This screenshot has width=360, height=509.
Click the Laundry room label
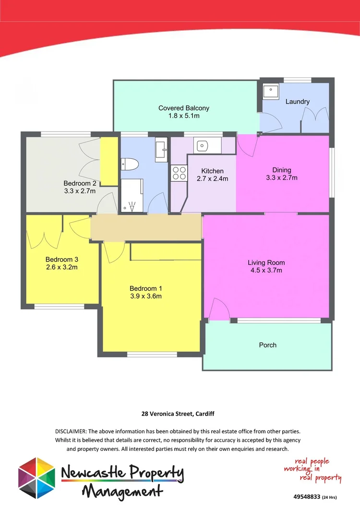297,102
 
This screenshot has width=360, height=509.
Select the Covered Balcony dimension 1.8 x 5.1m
183,116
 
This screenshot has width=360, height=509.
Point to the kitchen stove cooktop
179,173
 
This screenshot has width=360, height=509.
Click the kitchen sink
203,144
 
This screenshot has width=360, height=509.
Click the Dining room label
282,170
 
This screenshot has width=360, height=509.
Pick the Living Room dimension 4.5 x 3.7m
266,270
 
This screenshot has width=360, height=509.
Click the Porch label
267,345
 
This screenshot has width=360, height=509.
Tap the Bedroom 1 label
145,288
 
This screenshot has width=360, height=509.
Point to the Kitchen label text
212,171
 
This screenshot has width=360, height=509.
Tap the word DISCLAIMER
72,432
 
